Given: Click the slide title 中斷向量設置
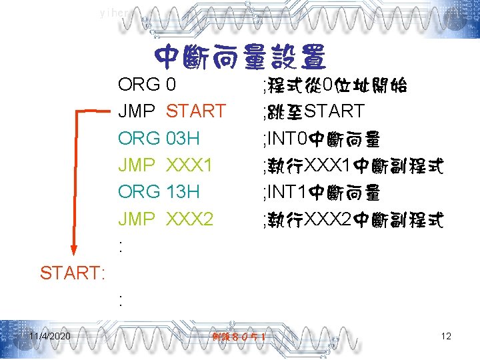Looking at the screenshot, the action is [x=239, y=58].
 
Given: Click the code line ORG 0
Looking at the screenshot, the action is [x=147, y=85].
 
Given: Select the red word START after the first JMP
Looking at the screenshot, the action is [x=196, y=111].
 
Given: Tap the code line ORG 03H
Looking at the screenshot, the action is [x=159, y=138].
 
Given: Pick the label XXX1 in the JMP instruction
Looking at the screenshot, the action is [x=189, y=165].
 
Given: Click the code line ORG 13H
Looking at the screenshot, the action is [x=159, y=191].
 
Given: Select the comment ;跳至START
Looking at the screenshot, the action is [x=313, y=111].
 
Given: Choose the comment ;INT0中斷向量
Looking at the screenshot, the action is [x=321, y=139].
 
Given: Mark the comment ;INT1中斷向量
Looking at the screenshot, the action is [x=321, y=192].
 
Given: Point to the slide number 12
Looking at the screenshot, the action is [x=446, y=336].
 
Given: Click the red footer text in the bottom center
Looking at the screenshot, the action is [x=239, y=337].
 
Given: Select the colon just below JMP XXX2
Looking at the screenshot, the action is [x=120, y=245].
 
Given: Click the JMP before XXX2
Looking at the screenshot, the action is [x=137, y=218].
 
